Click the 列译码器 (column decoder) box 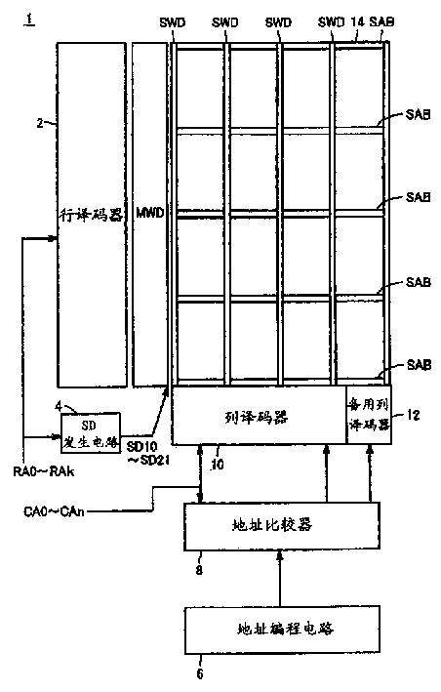click(259, 416)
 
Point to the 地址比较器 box click(278, 525)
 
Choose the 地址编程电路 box click(278, 630)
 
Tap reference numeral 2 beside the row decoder click(39, 124)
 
